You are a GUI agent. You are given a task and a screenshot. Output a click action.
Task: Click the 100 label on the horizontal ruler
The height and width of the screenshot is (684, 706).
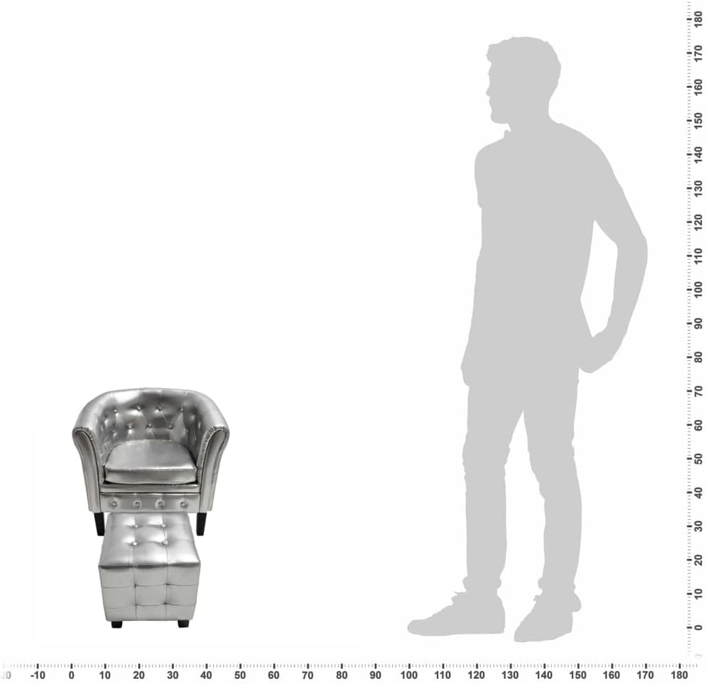[x=409, y=675]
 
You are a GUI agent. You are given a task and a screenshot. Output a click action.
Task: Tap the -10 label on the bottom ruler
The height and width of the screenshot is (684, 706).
[x=38, y=675]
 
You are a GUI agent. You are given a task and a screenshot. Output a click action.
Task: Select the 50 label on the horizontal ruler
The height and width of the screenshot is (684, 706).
[x=240, y=675]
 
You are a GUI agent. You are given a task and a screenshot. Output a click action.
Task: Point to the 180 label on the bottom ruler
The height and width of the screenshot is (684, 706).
[x=679, y=675]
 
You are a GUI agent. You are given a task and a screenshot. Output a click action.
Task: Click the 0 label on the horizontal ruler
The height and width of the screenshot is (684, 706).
[x=71, y=675]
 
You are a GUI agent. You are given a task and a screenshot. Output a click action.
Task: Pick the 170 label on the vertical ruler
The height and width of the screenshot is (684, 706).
[x=698, y=53]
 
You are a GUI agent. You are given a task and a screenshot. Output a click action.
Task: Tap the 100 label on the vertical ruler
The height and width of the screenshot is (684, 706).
[x=698, y=289]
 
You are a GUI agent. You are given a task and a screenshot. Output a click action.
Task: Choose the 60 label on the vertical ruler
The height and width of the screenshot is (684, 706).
[x=698, y=425]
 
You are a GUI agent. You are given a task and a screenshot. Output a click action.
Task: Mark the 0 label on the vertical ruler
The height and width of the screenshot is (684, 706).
[x=698, y=627]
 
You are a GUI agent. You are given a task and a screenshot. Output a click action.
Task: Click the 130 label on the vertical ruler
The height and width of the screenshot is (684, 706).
[x=698, y=188]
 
